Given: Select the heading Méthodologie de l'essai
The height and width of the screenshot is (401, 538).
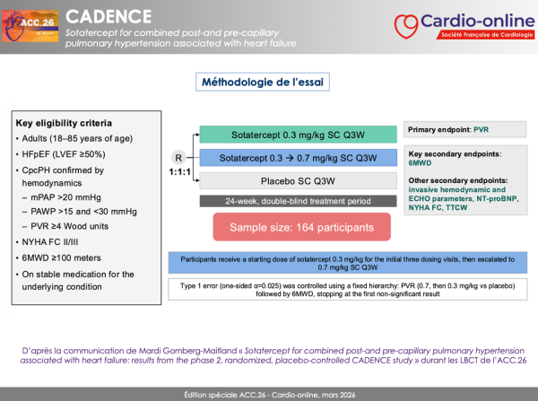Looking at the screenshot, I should click(x=262, y=83).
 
